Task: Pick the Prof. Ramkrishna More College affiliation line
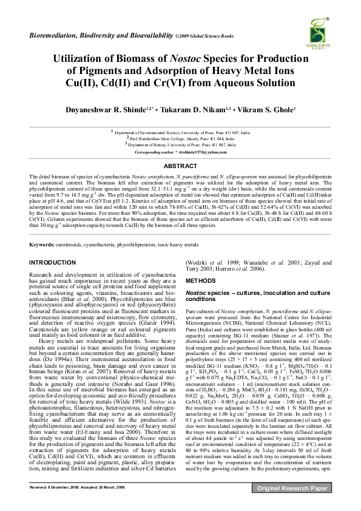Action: pos(181,138)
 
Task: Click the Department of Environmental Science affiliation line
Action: pos(181,132)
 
